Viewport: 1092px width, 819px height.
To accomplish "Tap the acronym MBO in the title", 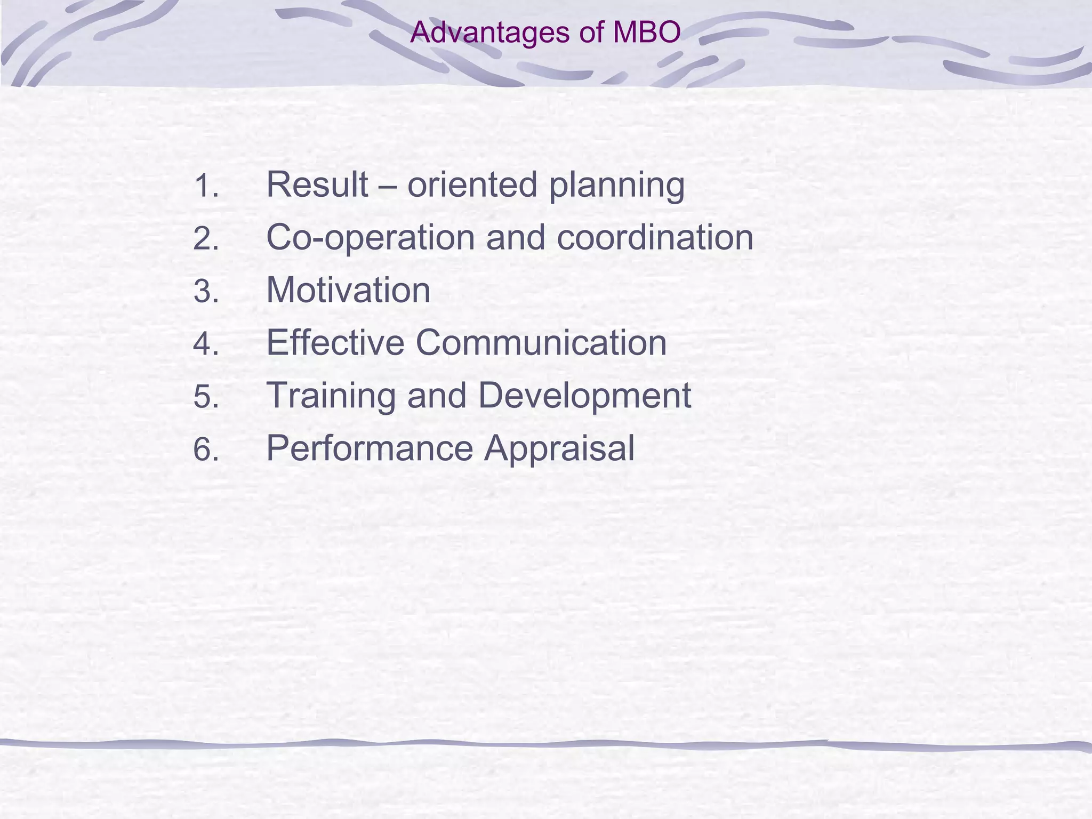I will (647, 33).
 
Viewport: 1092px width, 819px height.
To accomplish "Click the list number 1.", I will (206, 187).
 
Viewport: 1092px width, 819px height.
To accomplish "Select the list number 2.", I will (206, 239).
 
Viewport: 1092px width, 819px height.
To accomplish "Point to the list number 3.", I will (206, 292).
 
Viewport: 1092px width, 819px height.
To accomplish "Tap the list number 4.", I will (206, 344).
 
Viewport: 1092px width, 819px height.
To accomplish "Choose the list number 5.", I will (206, 397).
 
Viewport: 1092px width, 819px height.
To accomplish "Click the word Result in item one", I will (317, 184).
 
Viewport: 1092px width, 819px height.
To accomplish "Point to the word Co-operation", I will (370, 238).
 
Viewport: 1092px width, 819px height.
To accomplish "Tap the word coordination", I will (655, 237).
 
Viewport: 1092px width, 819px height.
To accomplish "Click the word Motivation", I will (348, 290).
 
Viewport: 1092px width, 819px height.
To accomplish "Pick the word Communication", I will (541, 342).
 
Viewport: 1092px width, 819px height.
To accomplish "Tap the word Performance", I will (370, 448).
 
